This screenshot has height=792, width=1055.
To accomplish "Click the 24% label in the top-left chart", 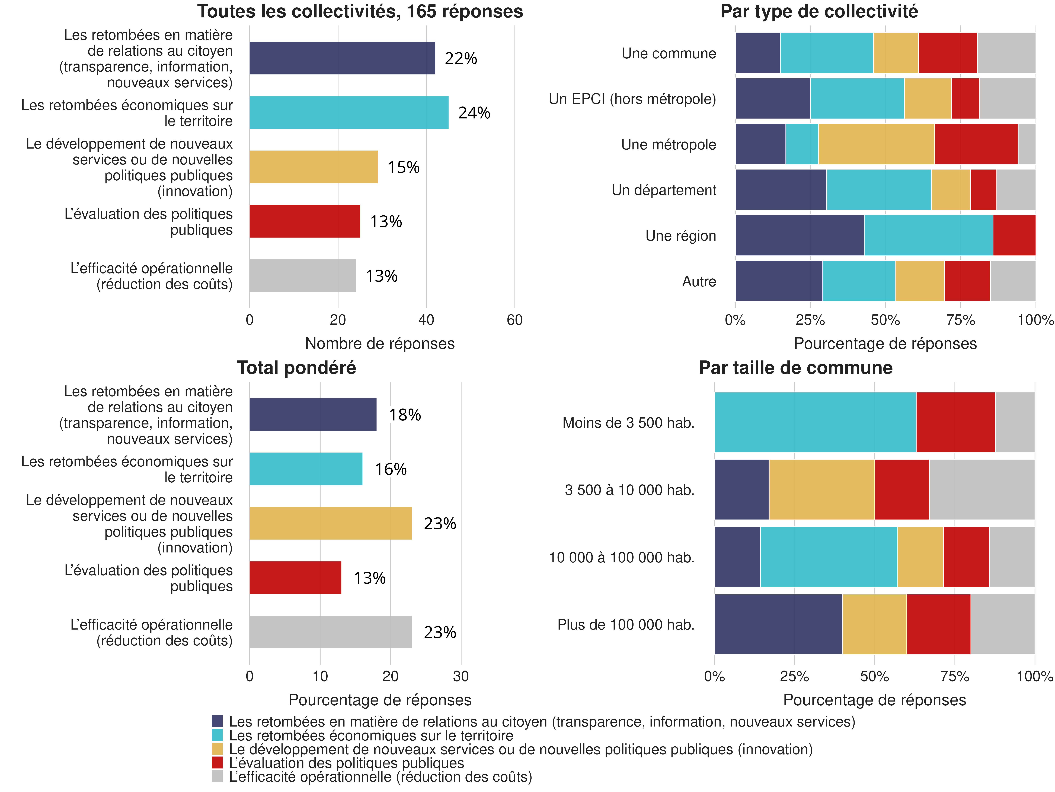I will pos(474,113).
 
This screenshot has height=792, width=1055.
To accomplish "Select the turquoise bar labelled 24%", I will pos(349,113).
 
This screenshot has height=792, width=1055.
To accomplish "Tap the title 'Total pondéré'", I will pos(296,368).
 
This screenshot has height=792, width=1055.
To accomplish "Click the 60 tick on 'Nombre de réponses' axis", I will pos(515,320).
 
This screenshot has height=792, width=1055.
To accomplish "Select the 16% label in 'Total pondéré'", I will pos(391,469).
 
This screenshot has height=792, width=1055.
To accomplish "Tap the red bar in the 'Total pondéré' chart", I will pos(295,578).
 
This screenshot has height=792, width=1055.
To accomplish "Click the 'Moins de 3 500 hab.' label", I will pos(628,423).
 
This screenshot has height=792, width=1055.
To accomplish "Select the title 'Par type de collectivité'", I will pos(819,11).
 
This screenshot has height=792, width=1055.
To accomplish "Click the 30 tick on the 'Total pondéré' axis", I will pos(461,677).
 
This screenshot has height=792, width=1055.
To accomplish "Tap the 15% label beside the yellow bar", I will pos(404,168).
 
